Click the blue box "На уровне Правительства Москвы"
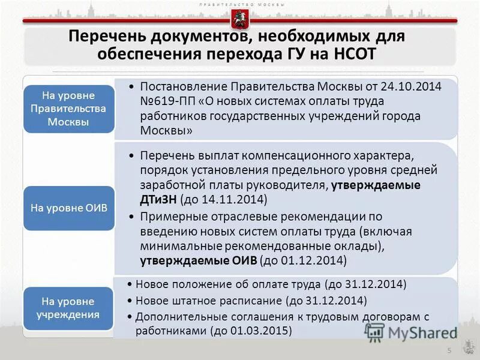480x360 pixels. point(68,109)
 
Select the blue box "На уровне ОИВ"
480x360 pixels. point(68,208)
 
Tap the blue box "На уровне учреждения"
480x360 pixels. point(68,308)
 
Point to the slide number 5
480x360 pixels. point(447,350)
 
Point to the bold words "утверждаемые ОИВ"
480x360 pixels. point(199,260)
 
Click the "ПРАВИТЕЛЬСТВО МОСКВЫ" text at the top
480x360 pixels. point(239,4)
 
